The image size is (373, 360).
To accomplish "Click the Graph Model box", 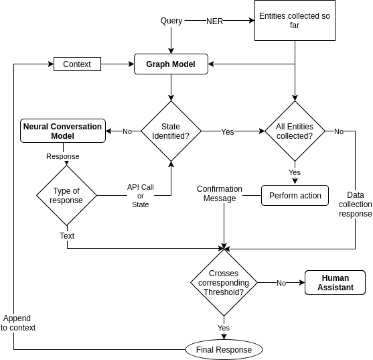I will (x=171, y=64).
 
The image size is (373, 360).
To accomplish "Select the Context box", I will (x=77, y=64).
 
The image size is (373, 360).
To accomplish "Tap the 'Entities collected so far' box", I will (x=295, y=20).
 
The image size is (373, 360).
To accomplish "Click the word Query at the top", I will (x=171, y=21).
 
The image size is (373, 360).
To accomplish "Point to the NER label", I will (x=214, y=21).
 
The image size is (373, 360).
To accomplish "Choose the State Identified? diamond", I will (x=171, y=131).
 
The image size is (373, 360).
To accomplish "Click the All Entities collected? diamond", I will (x=295, y=131).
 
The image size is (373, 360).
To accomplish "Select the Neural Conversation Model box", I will (x=63, y=131).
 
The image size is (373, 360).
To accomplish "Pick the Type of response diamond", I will (x=66, y=196).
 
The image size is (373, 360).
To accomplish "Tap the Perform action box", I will (x=295, y=196).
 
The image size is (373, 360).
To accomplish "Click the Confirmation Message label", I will (x=220, y=194).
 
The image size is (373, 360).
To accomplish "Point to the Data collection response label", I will (x=355, y=204).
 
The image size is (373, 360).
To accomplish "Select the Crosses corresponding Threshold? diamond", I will (x=224, y=283).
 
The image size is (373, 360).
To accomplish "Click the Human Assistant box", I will (x=335, y=283).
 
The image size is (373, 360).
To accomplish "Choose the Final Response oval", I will (x=224, y=350).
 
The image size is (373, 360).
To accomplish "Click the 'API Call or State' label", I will (x=141, y=196).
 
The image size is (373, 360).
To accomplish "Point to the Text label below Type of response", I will (x=67, y=236).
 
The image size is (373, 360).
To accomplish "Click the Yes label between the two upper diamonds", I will (x=228, y=132).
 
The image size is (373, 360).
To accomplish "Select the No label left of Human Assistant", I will (x=281, y=283).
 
